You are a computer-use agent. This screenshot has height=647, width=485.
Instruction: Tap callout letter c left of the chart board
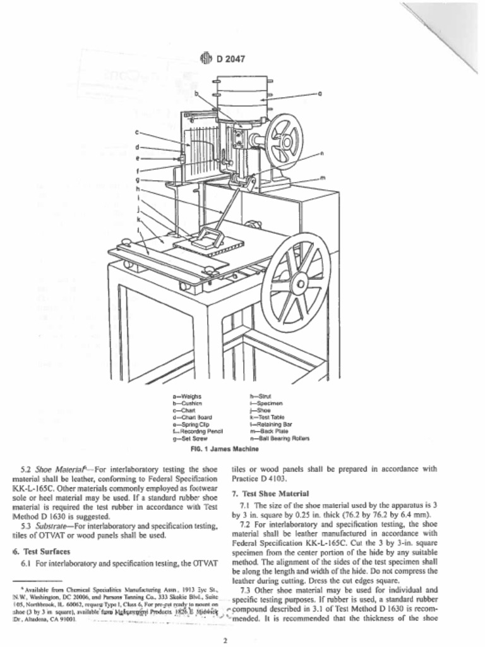pyautogui.click(x=137, y=133)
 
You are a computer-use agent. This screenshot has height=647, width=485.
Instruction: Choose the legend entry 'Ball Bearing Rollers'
pyautogui.click(x=280, y=438)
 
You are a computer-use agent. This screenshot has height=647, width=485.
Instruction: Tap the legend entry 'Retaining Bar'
pyautogui.click(x=272, y=424)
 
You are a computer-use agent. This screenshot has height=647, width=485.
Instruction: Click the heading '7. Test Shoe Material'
pyautogui.click(x=270, y=493)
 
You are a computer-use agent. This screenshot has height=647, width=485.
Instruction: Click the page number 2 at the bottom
pyautogui.click(x=224, y=640)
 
